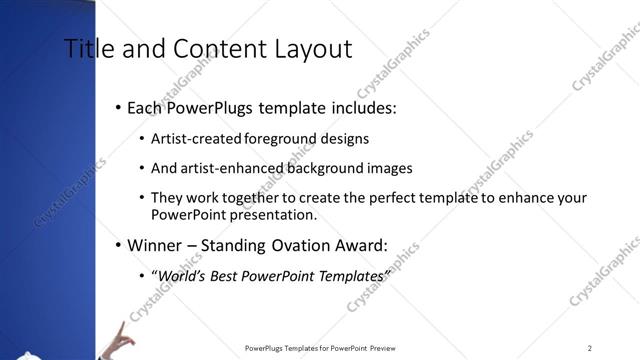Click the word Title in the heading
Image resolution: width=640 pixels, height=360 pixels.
(x=88, y=48)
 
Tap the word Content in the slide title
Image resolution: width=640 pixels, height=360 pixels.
(x=215, y=48)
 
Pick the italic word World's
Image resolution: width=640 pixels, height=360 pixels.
(x=180, y=275)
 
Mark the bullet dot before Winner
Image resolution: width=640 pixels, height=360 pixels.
(x=118, y=246)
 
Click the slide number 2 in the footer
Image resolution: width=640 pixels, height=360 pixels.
(x=590, y=348)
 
